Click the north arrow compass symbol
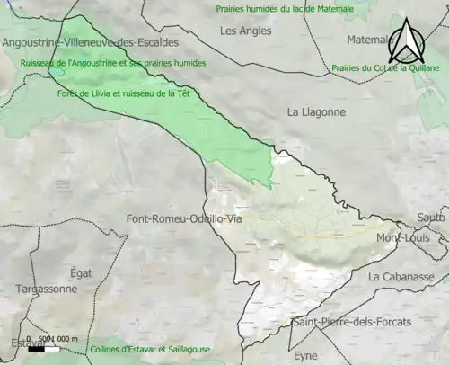(409, 42)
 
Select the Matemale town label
(368, 40)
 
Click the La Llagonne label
(315, 112)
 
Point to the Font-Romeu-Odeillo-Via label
(184, 218)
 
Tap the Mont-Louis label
(401, 239)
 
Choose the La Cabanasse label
(401, 276)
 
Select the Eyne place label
(306, 355)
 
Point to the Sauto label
(431, 218)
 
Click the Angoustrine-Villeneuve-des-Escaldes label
(90, 42)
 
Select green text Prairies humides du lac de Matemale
(285, 8)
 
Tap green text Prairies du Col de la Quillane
(385, 67)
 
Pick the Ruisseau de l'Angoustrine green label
(113, 63)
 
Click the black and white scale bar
(44, 347)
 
